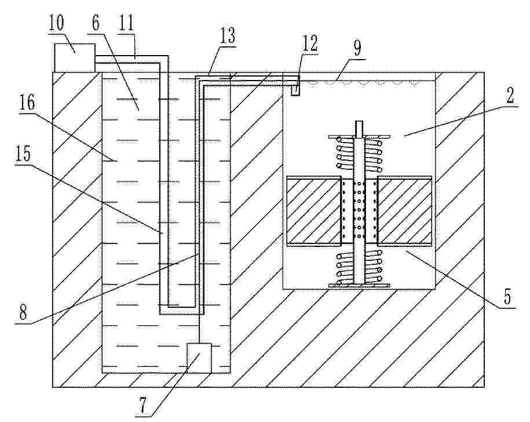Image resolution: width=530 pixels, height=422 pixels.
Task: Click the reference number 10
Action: click(56, 22)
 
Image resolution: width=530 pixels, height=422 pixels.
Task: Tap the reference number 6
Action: click(96, 23)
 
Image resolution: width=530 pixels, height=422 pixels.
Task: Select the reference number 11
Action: click(126, 22)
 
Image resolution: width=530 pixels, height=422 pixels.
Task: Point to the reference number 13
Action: click(228, 36)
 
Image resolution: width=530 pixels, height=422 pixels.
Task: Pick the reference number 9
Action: click(357, 48)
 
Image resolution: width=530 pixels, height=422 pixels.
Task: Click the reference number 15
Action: click(23, 154)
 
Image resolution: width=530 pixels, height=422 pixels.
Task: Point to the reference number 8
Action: click(23, 312)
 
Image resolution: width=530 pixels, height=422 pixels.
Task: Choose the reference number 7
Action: click(142, 405)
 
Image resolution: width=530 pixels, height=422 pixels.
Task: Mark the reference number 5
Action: click(507, 297)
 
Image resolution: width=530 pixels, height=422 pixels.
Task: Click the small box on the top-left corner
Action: click(74, 57)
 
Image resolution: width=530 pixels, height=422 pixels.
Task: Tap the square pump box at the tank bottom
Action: click(199, 358)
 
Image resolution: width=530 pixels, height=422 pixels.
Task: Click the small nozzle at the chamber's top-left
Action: click(295, 90)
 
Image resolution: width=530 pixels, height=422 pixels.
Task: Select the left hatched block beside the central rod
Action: click(314, 210)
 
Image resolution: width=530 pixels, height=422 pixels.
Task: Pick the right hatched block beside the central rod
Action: click(405, 210)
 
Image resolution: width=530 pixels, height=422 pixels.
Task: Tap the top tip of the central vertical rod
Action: click(359, 121)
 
